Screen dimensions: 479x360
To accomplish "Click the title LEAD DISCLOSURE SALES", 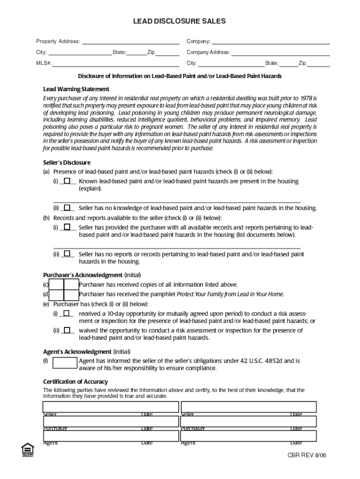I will coord(180,21).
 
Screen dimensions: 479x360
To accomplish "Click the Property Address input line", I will coord(130,42).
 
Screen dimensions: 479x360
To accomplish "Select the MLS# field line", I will coord(115,63).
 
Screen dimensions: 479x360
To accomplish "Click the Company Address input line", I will coord(280,52).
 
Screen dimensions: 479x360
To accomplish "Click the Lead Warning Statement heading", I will coord(76,89).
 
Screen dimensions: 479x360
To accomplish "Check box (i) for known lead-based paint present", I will coord(67,181).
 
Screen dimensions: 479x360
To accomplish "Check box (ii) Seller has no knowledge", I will coord(67,208).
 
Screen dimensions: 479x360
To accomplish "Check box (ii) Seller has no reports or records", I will coord(67,254).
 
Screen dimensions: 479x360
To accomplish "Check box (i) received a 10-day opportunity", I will coord(67,313).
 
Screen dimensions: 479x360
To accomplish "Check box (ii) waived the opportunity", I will coord(67,330).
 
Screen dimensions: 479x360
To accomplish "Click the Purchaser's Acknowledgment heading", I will coord(83,275).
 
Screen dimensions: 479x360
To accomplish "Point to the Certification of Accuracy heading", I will coord(75,382).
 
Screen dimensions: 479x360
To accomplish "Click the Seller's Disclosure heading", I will coord(67,163).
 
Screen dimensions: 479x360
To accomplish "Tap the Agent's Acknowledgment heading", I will coord(77,351).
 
